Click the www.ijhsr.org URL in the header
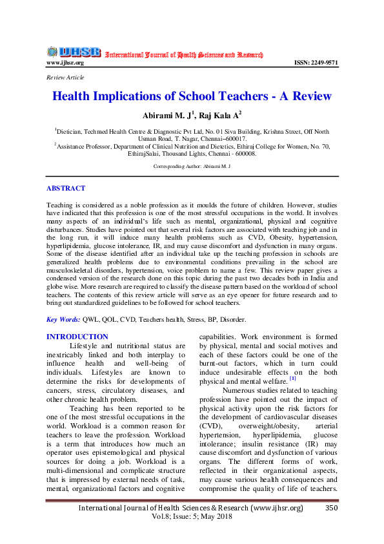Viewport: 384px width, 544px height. (65, 63)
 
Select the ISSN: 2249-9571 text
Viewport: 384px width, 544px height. (316, 63)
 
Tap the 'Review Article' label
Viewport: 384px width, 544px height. (65, 78)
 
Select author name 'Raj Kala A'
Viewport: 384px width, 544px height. (219, 115)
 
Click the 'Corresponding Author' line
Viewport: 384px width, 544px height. (192, 167)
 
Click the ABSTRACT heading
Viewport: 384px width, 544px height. (65, 189)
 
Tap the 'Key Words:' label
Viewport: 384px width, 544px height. (63, 320)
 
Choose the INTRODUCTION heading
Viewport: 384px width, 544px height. (77, 337)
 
